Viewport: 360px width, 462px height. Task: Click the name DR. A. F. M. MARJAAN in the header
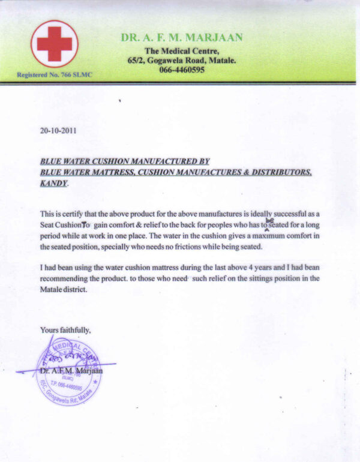tap(182, 37)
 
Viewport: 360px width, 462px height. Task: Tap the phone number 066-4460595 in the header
tap(182, 70)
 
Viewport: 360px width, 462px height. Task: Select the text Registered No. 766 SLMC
tap(55, 75)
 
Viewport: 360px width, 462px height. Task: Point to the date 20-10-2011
tap(58, 129)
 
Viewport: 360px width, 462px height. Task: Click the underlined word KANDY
tap(53, 183)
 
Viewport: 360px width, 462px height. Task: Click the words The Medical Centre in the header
tap(182, 50)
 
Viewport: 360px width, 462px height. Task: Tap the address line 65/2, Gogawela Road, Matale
tap(182, 60)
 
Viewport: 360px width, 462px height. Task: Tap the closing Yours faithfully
tap(65, 329)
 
